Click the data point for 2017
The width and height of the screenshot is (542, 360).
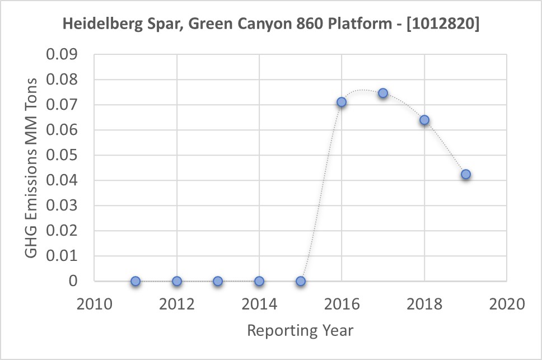(x=383, y=93)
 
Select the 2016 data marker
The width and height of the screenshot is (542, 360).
(x=342, y=102)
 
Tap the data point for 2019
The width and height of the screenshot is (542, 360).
(x=466, y=174)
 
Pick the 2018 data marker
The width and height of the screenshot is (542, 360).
(x=424, y=120)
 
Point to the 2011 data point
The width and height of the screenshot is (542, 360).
(x=135, y=281)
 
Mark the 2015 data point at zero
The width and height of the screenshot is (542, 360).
(x=301, y=281)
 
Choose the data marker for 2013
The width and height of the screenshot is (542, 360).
(x=218, y=281)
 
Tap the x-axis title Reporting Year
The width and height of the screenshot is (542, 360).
(x=300, y=330)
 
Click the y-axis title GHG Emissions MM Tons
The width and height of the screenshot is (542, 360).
(x=32, y=168)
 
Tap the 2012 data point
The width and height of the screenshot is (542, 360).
(x=177, y=281)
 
